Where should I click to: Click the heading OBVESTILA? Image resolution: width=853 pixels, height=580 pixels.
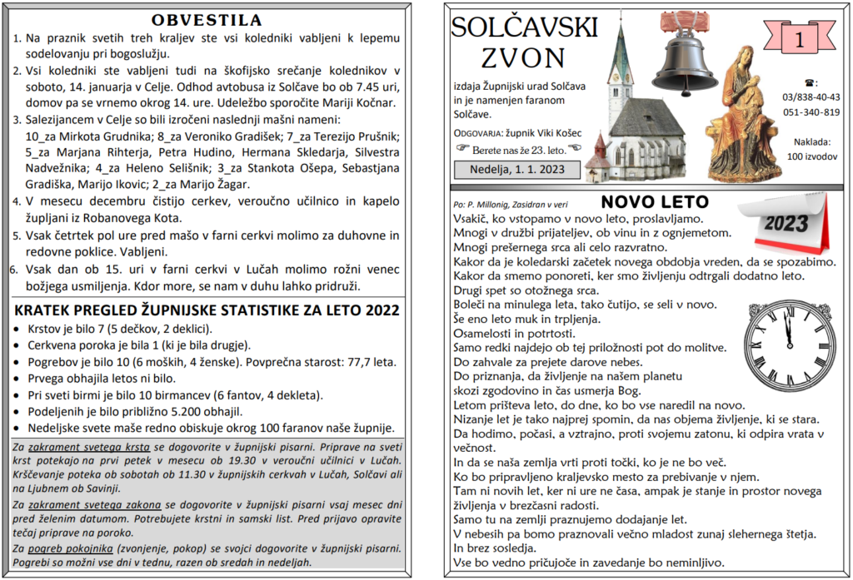[x=207, y=20]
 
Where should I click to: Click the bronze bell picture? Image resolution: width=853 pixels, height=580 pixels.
[x=684, y=54]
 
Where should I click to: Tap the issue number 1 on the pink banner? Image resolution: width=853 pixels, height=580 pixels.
[x=799, y=39]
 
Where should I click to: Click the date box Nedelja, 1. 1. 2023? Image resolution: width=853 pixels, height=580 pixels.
[x=511, y=169]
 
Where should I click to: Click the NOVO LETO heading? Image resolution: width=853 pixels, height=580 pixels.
[x=655, y=202]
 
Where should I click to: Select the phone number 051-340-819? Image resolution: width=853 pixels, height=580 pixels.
[x=811, y=112]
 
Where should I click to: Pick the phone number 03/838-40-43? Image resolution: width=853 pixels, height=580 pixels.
[x=811, y=97]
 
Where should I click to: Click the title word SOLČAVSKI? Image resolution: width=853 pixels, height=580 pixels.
[x=524, y=27]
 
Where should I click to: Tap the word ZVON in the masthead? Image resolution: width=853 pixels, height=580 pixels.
[x=523, y=57]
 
